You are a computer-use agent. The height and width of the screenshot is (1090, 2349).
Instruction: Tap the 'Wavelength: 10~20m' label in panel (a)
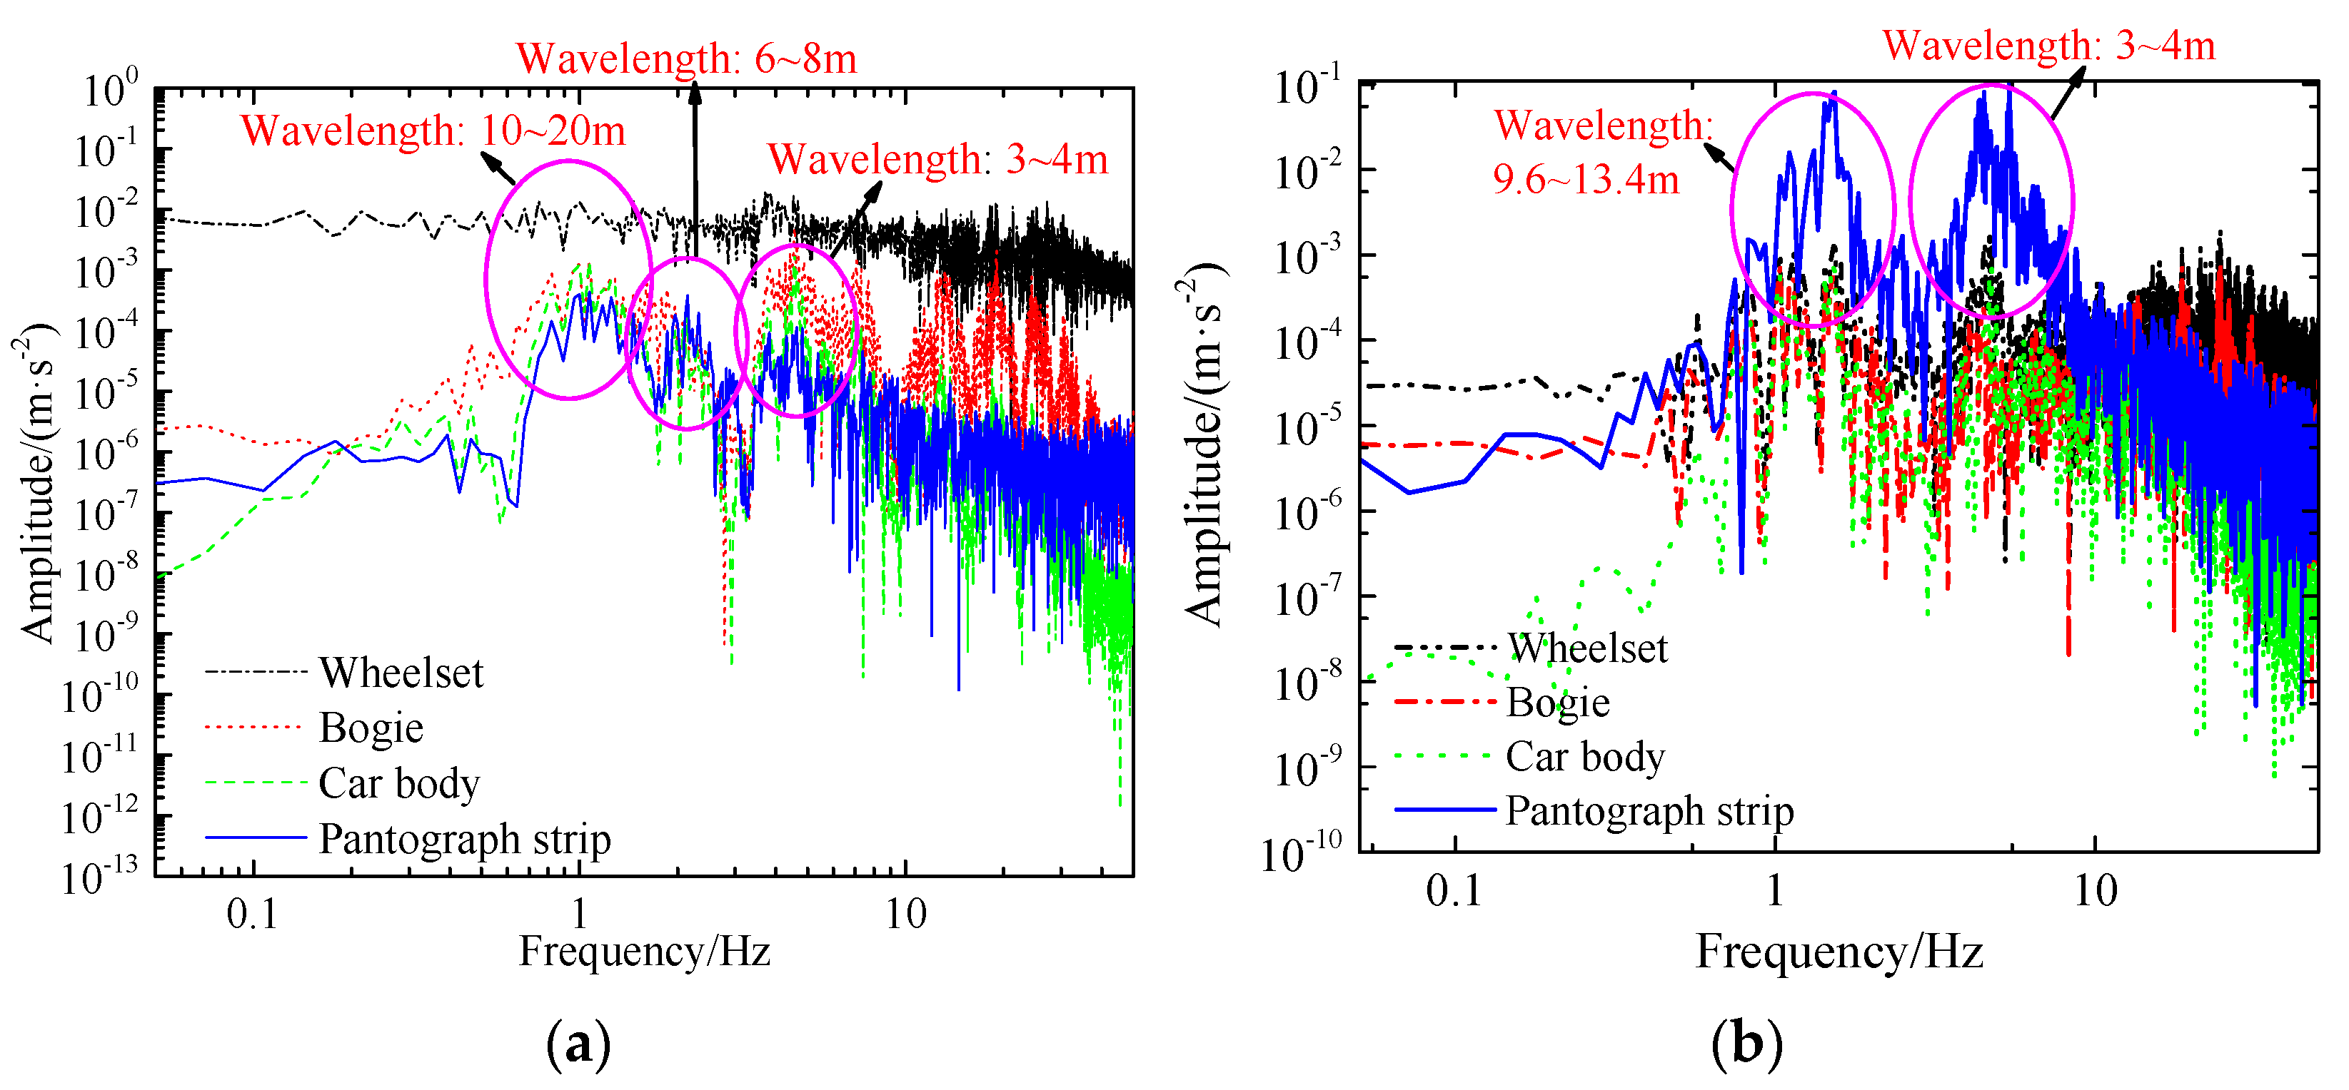[433, 131]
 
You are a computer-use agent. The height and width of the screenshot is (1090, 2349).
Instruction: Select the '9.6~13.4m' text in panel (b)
[1585, 180]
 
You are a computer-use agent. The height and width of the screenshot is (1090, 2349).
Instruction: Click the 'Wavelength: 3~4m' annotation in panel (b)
[2049, 46]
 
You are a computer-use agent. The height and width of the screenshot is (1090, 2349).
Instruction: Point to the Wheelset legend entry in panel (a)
[401, 673]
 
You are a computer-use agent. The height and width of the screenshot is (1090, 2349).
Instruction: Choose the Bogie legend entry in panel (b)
[1557, 703]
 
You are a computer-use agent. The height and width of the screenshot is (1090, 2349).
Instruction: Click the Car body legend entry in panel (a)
[398, 784]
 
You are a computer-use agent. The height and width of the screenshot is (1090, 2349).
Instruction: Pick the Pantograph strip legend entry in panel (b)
[1649, 811]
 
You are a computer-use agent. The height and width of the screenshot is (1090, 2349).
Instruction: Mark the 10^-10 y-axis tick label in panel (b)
[1302, 854]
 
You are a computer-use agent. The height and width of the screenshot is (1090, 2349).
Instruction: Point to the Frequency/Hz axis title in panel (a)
[645, 952]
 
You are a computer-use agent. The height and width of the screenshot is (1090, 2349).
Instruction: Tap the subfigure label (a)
[578, 1044]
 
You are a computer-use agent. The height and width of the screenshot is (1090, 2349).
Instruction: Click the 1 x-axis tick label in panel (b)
[1774, 891]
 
